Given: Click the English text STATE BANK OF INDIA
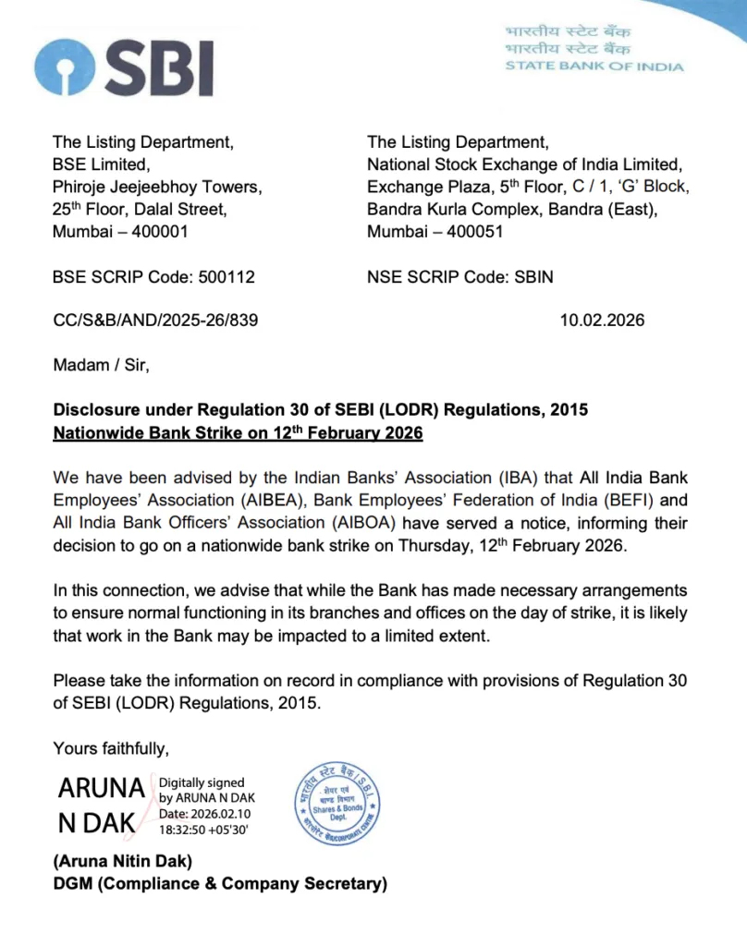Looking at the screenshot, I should [594, 67].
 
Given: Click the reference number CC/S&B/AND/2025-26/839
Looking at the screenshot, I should [155, 321].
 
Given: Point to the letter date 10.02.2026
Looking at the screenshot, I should [602, 321].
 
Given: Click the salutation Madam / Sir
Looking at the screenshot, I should [101, 365].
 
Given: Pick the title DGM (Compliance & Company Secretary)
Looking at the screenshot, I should [220, 884].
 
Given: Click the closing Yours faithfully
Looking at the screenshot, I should [111, 747].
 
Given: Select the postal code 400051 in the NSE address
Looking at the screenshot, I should [475, 232].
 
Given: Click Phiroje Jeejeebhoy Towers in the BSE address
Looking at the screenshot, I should [157, 187].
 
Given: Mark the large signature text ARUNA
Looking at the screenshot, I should [101, 789].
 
